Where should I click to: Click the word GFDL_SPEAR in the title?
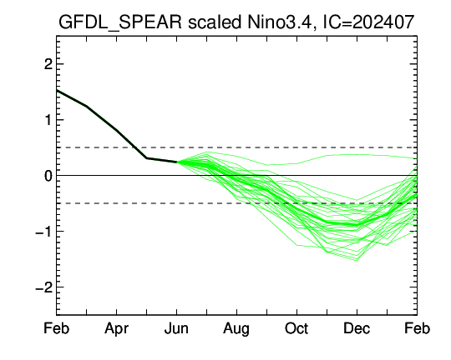(x=120, y=22)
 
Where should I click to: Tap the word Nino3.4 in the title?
(x=280, y=22)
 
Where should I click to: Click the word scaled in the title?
(x=215, y=22)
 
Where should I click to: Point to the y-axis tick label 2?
(x=48, y=64)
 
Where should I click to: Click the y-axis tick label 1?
(x=48, y=120)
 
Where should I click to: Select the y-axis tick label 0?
(x=48, y=176)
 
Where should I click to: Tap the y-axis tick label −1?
(x=44, y=232)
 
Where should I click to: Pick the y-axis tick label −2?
(x=44, y=287)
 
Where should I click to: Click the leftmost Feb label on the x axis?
(x=57, y=328)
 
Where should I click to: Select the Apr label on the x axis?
(x=116, y=329)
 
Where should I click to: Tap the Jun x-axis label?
(x=176, y=328)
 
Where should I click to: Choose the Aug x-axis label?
(x=236, y=329)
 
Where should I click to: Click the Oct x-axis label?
(x=296, y=328)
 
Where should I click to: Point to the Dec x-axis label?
(x=357, y=328)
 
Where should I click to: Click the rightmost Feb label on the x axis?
(x=417, y=328)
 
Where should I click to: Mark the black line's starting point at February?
(x=57, y=91)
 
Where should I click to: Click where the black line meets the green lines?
(x=176, y=162)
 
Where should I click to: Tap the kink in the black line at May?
(x=146, y=157)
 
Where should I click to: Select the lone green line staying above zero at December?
(x=357, y=154)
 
